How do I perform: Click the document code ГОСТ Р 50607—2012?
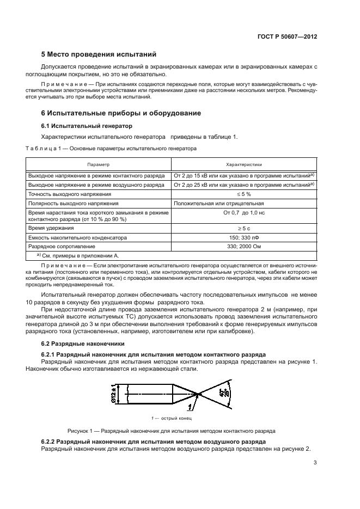[x=288, y=36]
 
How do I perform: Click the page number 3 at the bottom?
[x=315, y=463]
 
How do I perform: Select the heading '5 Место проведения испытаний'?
[x=99, y=54]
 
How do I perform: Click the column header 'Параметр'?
[x=99, y=164]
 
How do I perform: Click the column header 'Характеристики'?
[x=243, y=164]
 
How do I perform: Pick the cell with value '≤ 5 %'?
[x=243, y=194]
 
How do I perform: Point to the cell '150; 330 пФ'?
[x=243, y=238]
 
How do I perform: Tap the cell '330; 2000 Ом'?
[x=243, y=246]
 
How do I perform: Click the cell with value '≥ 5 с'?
[x=243, y=229]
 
